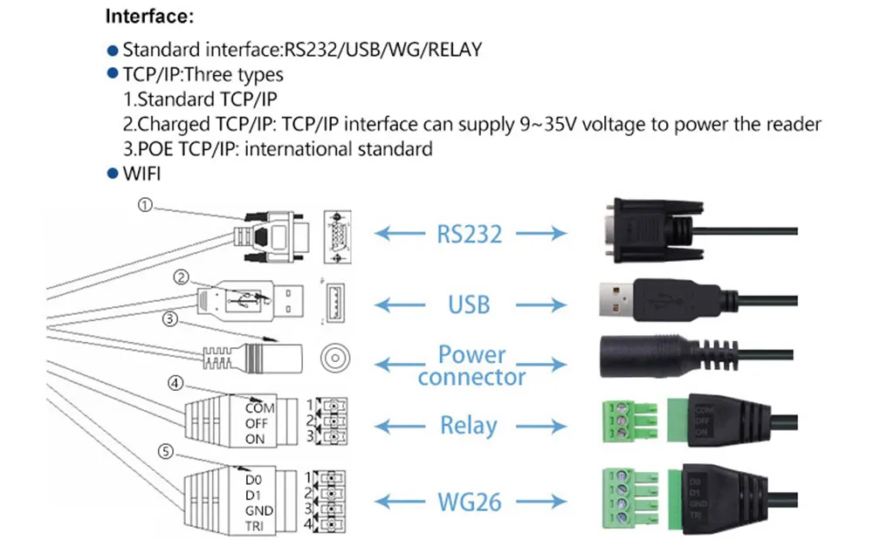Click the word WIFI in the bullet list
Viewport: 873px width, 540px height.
point(141,174)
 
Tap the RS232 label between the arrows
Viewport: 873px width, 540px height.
point(468,233)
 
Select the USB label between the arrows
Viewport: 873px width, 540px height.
point(469,304)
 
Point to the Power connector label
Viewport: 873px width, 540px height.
point(471,366)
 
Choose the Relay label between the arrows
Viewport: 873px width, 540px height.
point(469,426)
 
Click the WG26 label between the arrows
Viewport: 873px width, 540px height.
point(468,502)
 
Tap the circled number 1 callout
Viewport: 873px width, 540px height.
point(145,205)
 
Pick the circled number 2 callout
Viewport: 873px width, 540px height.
point(181,278)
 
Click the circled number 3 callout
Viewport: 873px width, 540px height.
point(171,319)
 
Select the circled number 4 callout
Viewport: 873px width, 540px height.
point(175,382)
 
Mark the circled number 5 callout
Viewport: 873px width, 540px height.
point(165,451)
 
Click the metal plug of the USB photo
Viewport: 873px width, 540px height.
point(618,302)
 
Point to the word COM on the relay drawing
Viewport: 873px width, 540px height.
point(259,407)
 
